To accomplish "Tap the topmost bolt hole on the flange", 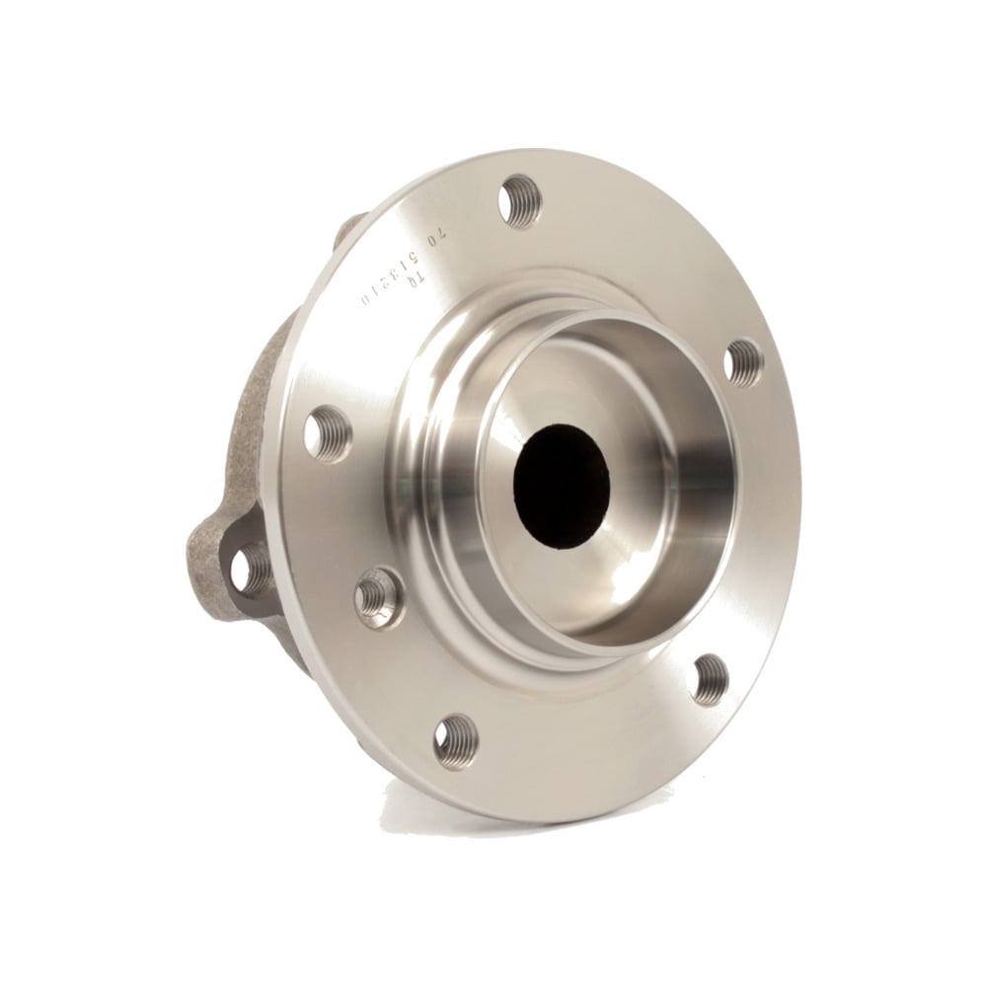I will coord(521,200).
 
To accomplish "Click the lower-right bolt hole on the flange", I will coord(711,678).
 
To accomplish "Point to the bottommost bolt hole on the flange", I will coord(455,740).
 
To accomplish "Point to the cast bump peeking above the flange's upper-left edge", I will coord(348,229).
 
